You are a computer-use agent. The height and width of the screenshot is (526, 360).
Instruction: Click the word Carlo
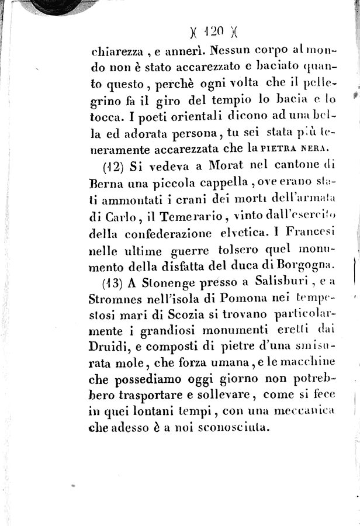click(121, 216)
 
